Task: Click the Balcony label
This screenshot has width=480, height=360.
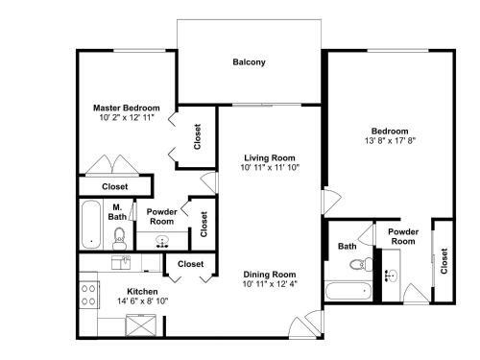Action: pyautogui.click(x=249, y=63)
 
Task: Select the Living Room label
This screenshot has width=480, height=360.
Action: pyautogui.click(x=269, y=157)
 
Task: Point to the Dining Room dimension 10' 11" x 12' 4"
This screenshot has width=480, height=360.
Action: pyautogui.click(x=269, y=283)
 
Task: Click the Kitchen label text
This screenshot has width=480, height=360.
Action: pyautogui.click(x=142, y=291)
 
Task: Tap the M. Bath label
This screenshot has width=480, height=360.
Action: pyautogui.click(x=117, y=212)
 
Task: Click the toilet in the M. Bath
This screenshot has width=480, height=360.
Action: pyautogui.click(x=119, y=233)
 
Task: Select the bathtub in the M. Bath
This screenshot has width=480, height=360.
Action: pyautogui.click(x=89, y=223)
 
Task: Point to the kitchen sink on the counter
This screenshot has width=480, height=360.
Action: pyautogui.click(x=122, y=258)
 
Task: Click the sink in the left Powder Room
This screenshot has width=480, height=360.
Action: pyautogui.click(x=161, y=240)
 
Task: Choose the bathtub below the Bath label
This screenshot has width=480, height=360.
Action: pyautogui.click(x=341, y=291)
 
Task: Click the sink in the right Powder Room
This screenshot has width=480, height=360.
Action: pyautogui.click(x=390, y=276)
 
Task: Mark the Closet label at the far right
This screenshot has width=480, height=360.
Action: pyautogui.click(x=443, y=260)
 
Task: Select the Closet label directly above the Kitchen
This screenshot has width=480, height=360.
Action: pyautogui.click(x=190, y=264)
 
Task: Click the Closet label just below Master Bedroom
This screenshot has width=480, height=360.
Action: pyautogui.click(x=115, y=186)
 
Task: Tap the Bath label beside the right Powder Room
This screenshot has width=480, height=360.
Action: pyautogui.click(x=347, y=247)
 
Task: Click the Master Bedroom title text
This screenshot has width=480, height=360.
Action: pyautogui.click(x=126, y=108)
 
